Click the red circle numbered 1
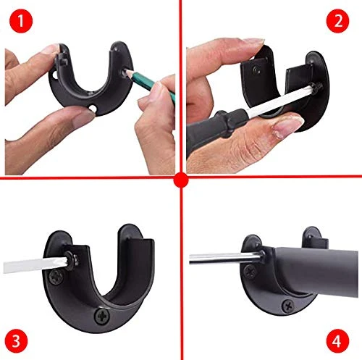tap(21, 21)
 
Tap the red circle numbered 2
tap(338, 21)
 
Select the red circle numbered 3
tap(17, 341)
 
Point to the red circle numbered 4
tap(338, 340)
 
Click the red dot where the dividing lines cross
tap(181, 180)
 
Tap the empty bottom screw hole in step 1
tap(93, 108)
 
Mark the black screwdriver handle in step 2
tap(215, 127)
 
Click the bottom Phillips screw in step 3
tap(102, 316)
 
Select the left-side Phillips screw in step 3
tap(56, 277)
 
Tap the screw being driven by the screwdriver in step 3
tap(72, 260)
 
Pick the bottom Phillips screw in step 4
tap(288, 306)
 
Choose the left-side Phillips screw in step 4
tap(251, 272)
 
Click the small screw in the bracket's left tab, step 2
tap(256, 70)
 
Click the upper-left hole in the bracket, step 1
tap(54, 75)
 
